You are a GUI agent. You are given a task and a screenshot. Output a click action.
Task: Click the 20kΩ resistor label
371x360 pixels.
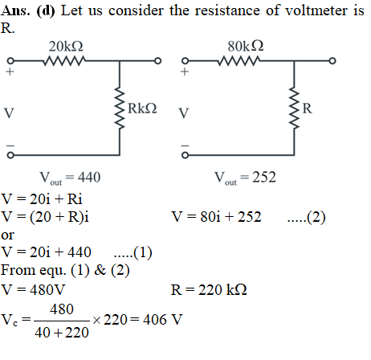click(x=66, y=46)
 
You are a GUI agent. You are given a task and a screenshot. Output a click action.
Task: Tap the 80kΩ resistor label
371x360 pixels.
click(x=246, y=46)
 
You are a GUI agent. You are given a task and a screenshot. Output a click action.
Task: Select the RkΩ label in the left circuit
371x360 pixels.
click(x=142, y=108)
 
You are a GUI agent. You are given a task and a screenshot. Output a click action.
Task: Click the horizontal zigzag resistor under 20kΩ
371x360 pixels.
click(x=64, y=61)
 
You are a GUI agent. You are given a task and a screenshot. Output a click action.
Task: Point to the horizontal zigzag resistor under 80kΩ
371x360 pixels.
click(x=239, y=61)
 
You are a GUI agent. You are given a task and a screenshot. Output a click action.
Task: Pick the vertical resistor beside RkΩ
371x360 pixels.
click(x=120, y=108)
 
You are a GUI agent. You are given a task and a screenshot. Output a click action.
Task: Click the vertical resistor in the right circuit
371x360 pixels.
click(x=294, y=108)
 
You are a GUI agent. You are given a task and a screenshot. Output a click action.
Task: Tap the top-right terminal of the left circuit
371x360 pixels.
click(x=158, y=61)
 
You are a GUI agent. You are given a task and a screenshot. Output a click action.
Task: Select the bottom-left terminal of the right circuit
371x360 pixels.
click(x=185, y=155)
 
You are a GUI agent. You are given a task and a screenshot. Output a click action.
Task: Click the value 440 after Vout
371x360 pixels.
click(x=89, y=177)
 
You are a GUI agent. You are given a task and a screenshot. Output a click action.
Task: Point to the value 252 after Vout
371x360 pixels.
click(x=264, y=177)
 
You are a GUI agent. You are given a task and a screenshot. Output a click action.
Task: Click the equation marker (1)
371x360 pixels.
click(x=143, y=252)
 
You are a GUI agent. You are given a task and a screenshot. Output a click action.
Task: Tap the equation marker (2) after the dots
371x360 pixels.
click(x=316, y=217)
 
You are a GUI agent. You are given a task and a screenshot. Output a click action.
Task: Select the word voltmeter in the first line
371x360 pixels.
click(x=316, y=10)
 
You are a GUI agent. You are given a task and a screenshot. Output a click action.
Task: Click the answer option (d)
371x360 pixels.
click(x=46, y=10)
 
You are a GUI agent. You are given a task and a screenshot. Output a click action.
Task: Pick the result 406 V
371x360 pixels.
click(x=163, y=320)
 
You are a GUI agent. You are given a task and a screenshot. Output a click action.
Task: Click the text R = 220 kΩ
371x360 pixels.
click(x=209, y=290)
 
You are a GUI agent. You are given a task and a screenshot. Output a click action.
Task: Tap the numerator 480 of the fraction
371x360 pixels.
click(x=62, y=309)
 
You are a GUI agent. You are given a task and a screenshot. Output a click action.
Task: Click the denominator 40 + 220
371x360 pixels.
click(x=62, y=333)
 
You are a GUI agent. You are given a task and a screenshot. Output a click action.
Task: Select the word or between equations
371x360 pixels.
click(x=7, y=235)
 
